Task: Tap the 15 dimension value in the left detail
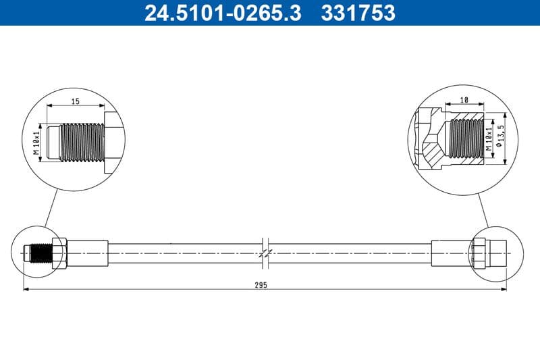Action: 76,101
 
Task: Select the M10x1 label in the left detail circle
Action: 38,142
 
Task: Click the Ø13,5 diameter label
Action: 500,134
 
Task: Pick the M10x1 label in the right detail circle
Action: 489,135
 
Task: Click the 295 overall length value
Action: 262,285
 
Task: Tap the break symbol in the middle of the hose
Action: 265,252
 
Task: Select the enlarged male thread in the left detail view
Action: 81,142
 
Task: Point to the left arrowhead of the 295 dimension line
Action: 27,290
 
